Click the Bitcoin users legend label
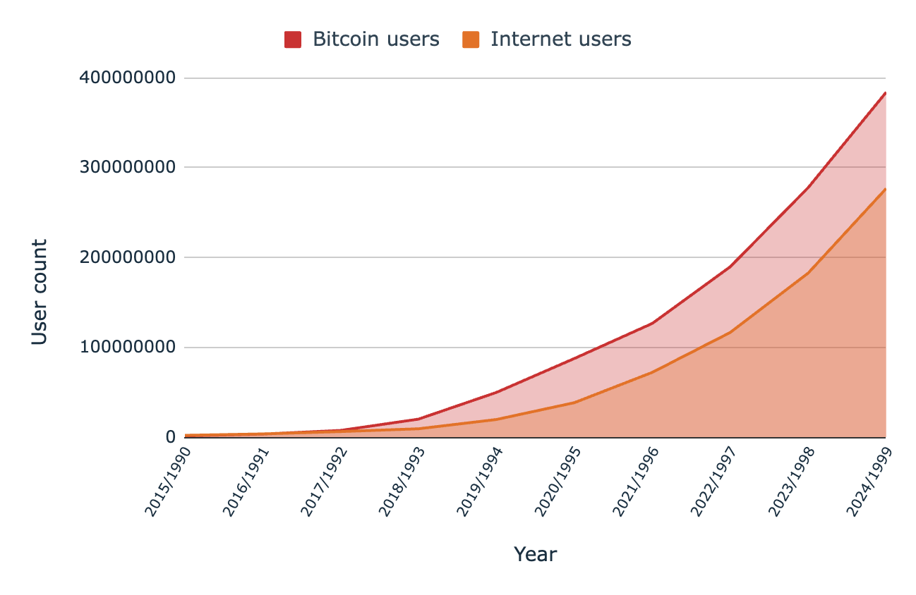(x=375, y=39)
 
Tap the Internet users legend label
(x=560, y=39)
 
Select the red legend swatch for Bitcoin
(x=293, y=39)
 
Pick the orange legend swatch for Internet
(x=471, y=39)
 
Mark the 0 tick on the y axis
(x=170, y=437)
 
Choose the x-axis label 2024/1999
(x=869, y=481)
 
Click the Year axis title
(x=535, y=555)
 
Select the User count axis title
(x=40, y=292)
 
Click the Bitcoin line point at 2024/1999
(x=885, y=93)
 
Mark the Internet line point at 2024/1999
(x=885, y=189)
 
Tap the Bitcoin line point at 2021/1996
(x=652, y=324)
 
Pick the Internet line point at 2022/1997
(x=730, y=332)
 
